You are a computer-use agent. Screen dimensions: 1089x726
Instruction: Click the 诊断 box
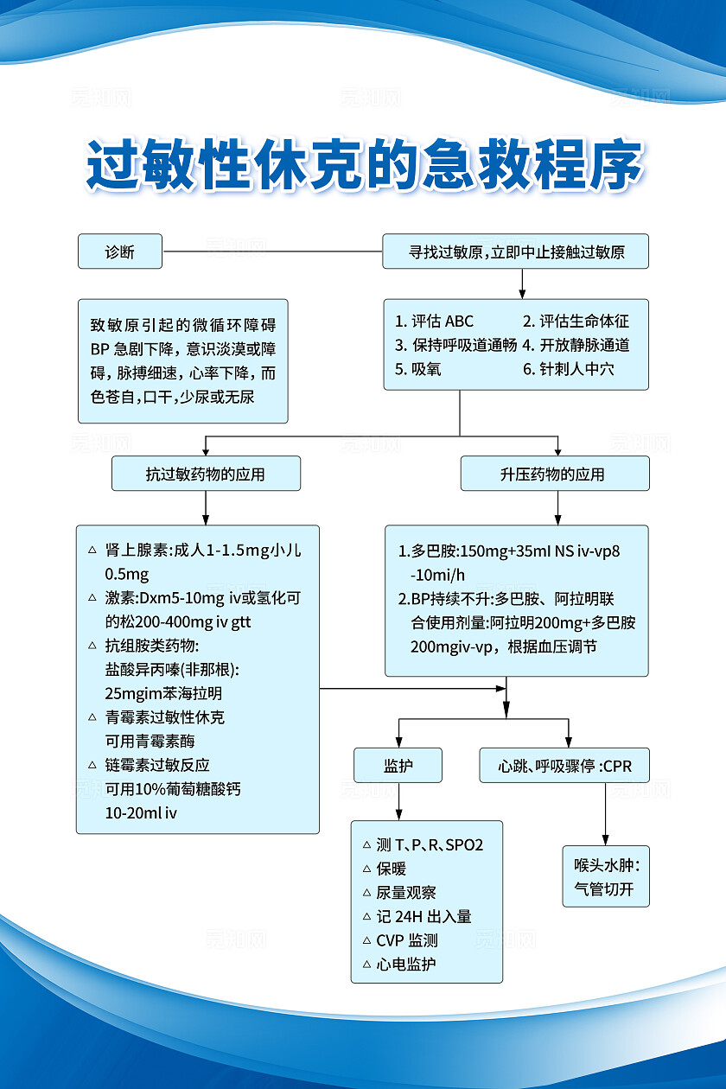coord(119,252)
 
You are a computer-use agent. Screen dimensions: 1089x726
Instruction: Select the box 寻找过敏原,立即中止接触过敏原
coord(516,252)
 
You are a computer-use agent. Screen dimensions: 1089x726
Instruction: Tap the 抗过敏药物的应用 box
coord(206,474)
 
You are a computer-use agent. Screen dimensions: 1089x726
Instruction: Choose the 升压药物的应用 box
coord(554,474)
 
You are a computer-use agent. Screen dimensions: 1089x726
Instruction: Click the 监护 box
coord(398,766)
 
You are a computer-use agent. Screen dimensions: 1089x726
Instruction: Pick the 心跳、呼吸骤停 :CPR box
coord(564,766)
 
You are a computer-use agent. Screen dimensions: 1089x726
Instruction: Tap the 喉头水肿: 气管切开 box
coord(606,876)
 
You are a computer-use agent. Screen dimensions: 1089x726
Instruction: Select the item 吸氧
coord(417,369)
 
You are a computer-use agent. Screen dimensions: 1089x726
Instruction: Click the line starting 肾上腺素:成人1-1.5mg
coord(201,550)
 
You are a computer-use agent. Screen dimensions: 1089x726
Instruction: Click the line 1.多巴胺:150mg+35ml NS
coord(510,551)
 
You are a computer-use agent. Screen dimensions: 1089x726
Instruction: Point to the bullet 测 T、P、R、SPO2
coord(429,844)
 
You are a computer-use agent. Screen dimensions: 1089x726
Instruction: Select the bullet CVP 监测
coord(406,940)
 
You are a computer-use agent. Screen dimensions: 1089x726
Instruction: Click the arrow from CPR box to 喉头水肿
coord(605,812)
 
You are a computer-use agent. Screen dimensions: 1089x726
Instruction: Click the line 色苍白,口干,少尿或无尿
coord(173,398)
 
